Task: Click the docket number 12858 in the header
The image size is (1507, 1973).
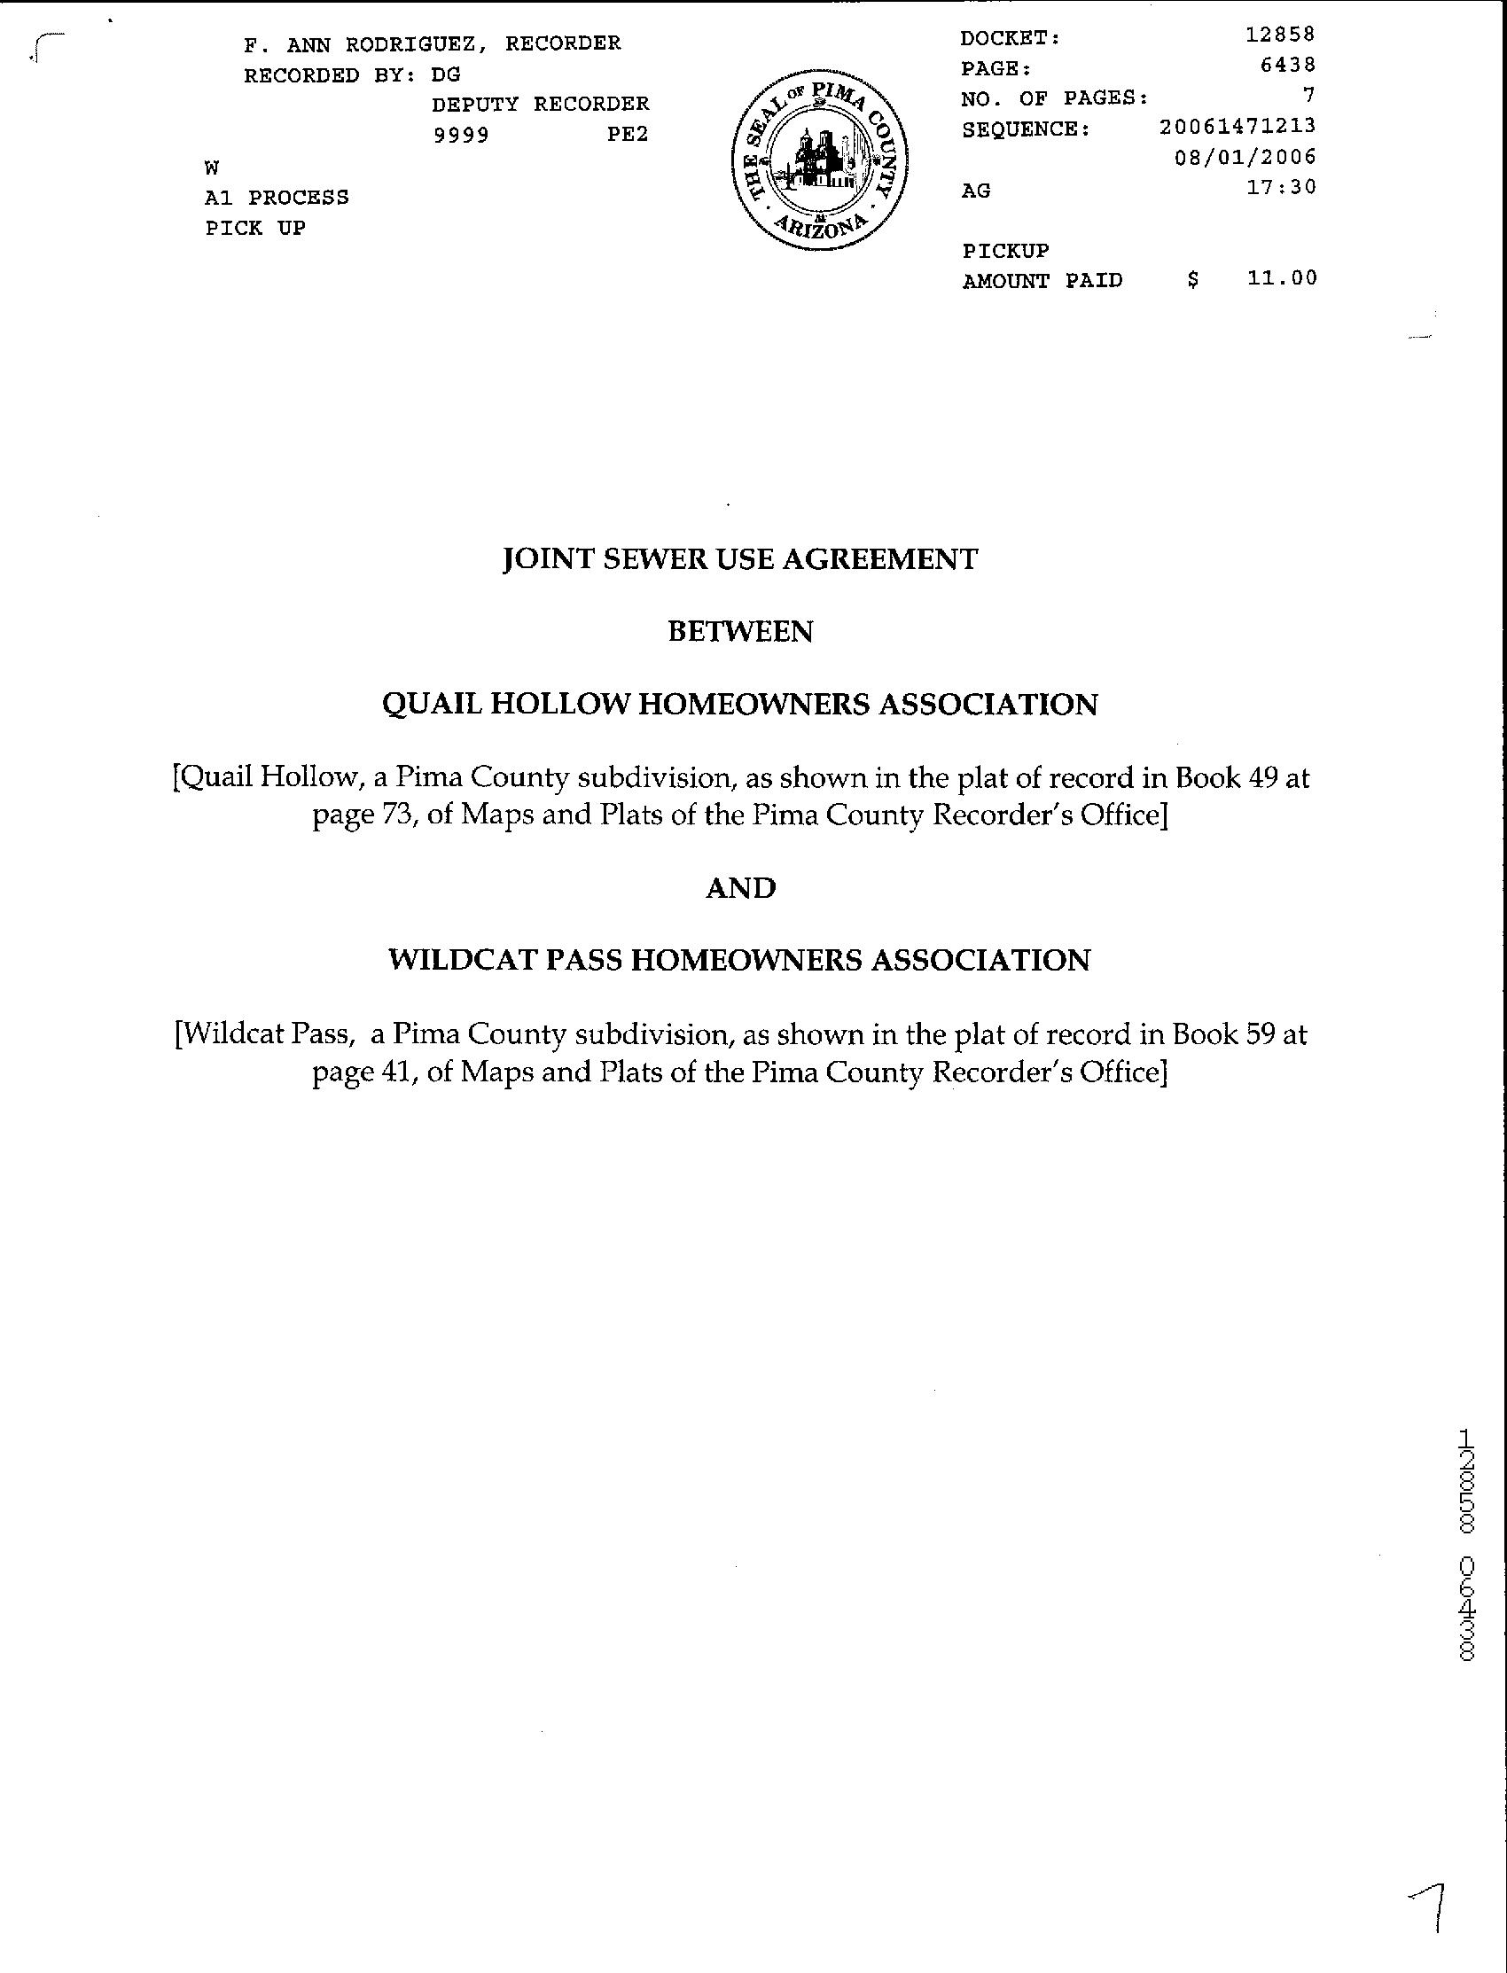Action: point(1280,34)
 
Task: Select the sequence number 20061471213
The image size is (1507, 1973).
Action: point(1237,127)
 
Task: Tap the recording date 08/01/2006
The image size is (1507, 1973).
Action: point(1245,157)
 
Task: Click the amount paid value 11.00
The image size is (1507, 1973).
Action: point(1282,278)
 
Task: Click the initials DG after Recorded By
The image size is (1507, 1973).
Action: point(446,75)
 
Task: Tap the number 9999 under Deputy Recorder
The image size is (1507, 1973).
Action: point(460,136)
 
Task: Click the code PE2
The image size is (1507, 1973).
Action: point(627,136)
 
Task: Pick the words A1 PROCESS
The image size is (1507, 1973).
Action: point(277,198)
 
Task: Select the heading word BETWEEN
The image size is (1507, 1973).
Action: point(740,632)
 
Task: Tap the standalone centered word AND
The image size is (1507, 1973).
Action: point(740,888)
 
